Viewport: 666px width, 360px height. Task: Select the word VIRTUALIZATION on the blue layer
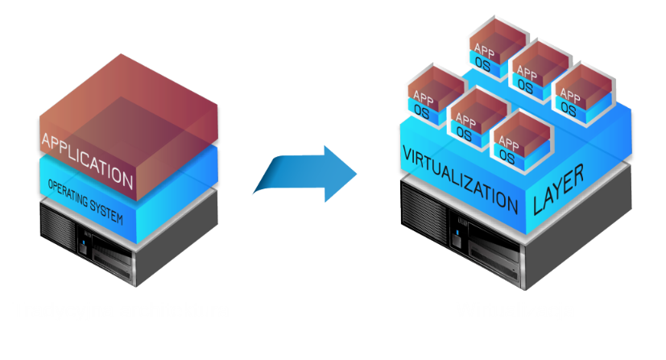pos(459,178)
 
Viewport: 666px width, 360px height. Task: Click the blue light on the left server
pos(83,238)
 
